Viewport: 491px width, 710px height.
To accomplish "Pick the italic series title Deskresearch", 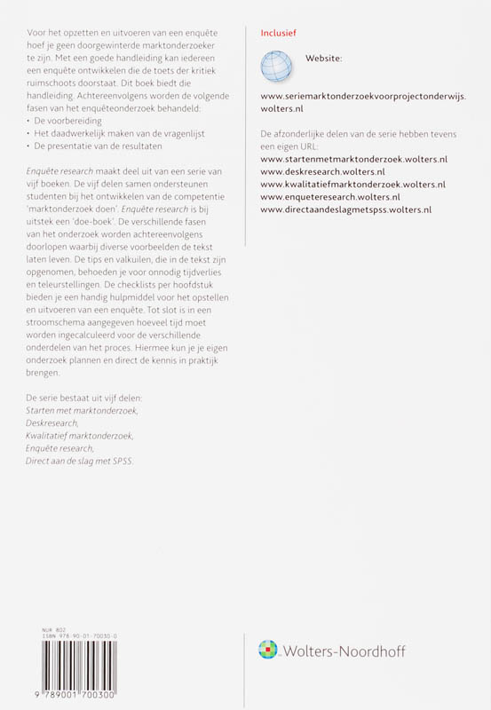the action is (x=52, y=423).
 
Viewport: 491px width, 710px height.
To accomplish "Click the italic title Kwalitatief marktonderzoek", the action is (x=79, y=436).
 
